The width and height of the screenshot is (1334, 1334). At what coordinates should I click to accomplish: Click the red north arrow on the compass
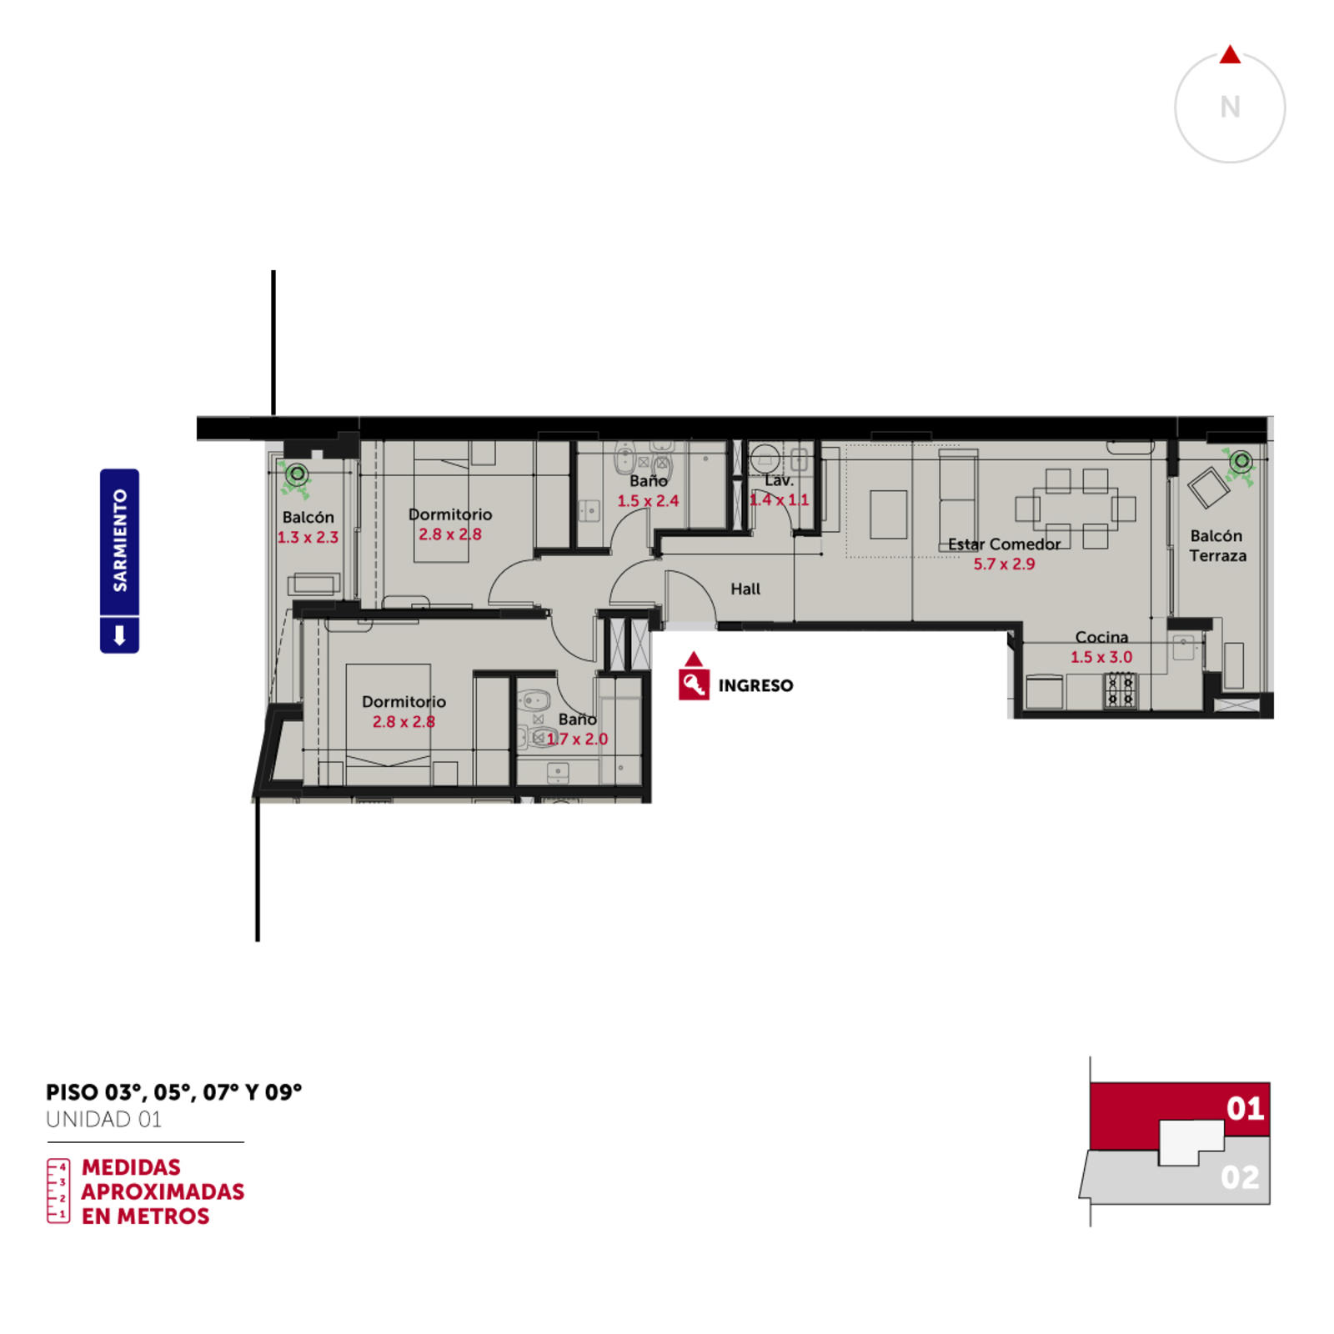coord(1230,55)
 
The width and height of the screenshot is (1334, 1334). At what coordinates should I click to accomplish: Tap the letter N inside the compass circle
coord(1230,108)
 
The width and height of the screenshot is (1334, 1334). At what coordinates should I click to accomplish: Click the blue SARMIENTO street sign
coord(119,560)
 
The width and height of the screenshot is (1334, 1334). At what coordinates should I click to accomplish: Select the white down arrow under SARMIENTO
coord(119,635)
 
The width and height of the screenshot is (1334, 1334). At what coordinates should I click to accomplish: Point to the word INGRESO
coord(755,685)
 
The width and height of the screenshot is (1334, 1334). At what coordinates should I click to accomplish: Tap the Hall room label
coord(745,589)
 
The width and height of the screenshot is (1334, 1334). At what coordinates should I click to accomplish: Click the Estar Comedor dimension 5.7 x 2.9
coord(1004,564)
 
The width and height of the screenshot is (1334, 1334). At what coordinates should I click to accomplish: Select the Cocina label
coord(1101,637)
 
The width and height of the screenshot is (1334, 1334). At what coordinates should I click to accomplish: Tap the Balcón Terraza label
coord(1217,545)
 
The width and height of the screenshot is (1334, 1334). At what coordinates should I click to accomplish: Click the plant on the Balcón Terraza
coord(1240,463)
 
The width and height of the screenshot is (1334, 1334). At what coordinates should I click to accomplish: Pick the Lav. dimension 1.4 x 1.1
coord(779,499)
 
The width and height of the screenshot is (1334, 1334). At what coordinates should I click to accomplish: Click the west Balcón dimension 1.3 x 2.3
coord(308,537)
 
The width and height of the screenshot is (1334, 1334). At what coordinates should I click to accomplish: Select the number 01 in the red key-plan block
coord(1245,1108)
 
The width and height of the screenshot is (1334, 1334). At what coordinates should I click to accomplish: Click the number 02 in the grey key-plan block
coord(1240,1177)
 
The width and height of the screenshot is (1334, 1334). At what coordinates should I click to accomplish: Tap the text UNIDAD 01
coord(103,1119)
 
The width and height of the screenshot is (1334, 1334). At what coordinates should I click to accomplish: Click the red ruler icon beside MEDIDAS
coord(58,1191)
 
